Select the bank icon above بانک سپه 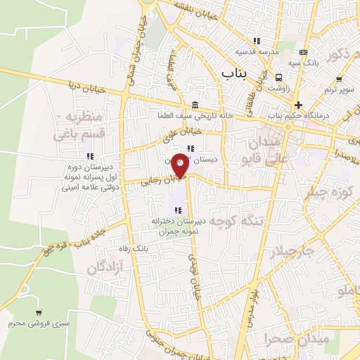[x=303, y=53]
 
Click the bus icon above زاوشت [x=279, y=77]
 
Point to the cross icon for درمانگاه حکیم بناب [x=299, y=104]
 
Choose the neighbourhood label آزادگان [x=105, y=267]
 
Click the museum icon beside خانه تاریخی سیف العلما [x=194, y=104]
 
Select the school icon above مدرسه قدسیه [x=258, y=41]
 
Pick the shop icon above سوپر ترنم [x=339, y=79]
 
